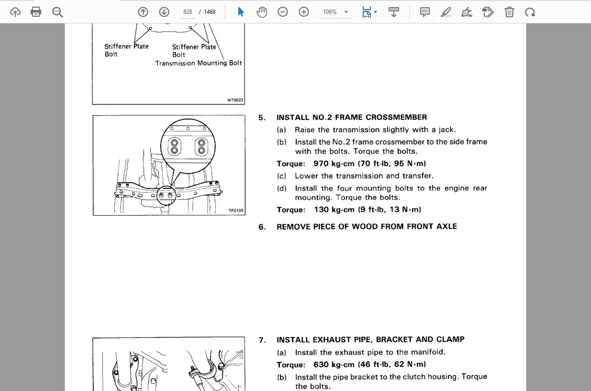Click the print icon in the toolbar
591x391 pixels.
[36, 12]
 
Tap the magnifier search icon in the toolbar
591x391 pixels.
[57, 12]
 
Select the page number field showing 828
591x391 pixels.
[188, 12]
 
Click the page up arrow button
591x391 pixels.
[143, 12]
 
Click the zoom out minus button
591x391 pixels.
[282, 12]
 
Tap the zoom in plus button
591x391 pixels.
[304, 12]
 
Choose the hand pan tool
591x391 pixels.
[262, 12]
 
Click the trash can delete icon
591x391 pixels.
[509, 12]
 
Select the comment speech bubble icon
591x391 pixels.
[425, 12]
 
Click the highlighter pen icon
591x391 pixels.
[446, 12]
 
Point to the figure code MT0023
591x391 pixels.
[235, 100]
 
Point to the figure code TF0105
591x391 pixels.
[236, 210]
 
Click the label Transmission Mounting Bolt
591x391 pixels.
[199, 63]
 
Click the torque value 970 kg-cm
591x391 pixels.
[334, 163]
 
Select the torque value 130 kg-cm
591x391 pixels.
[334, 210]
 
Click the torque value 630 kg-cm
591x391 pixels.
[334, 364]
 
